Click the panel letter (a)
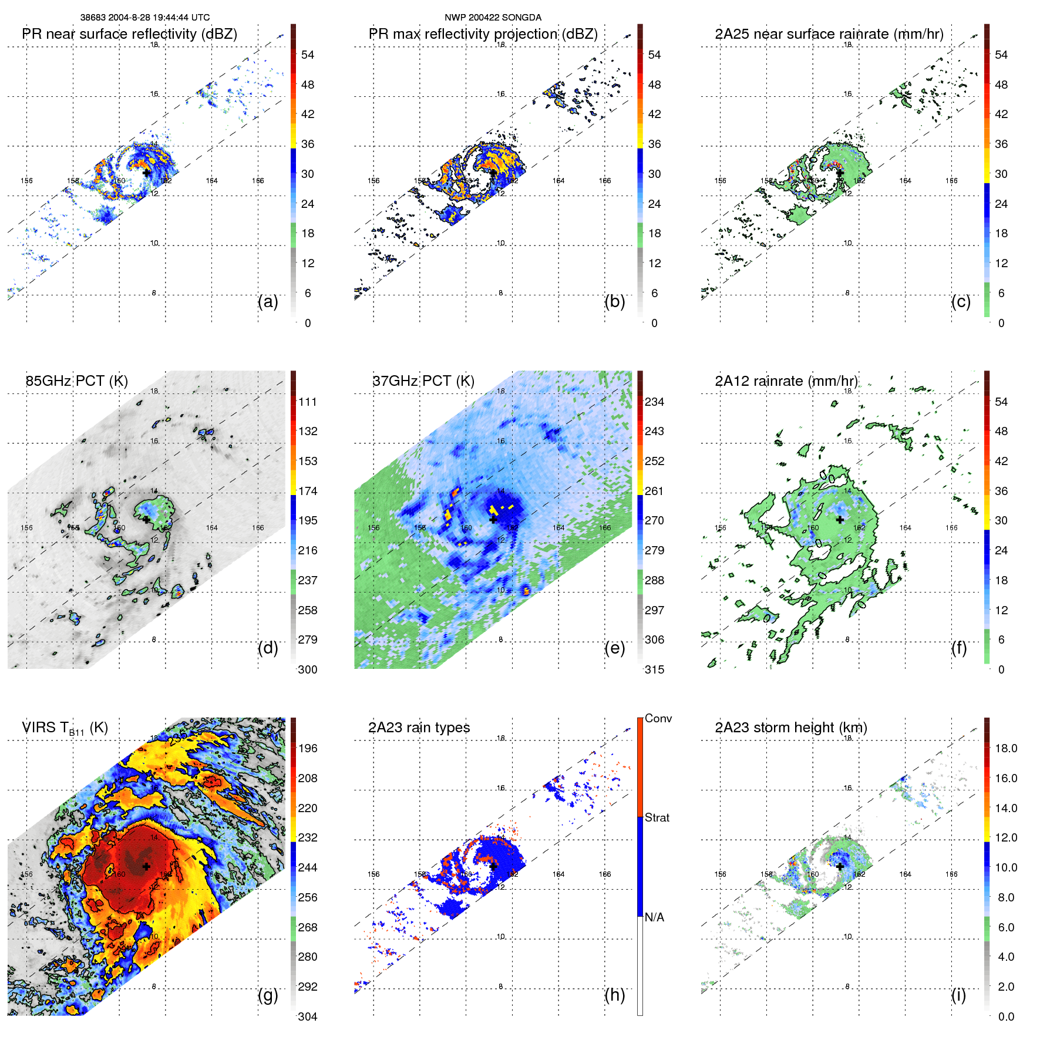tap(268, 302)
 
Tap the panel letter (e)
tap(614, 648)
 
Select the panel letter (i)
tap(958, 995)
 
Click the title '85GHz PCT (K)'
tap(76, 381)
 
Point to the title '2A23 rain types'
tap(419, 728)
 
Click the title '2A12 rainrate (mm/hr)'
tap(786, 381)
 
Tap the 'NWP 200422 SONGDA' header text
tap(493, 18)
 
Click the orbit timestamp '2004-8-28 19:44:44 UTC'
tap(159, 18)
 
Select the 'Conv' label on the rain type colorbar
tap(658, 718)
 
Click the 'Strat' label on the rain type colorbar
tap(657, 817)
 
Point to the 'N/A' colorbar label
tap(655, 917)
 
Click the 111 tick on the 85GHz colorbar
tap(308, 402)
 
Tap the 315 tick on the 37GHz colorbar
tap(654, 669)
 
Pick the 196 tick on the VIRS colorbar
tap(308, 748)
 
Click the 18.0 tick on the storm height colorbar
tap(1006, 748)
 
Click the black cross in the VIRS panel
tap(146, 866)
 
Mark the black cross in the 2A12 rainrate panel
tap(840, 520)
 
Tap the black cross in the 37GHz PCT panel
tap(493, 520)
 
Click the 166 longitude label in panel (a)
tap(258, 181)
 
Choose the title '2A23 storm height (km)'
tap(791, 728)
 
